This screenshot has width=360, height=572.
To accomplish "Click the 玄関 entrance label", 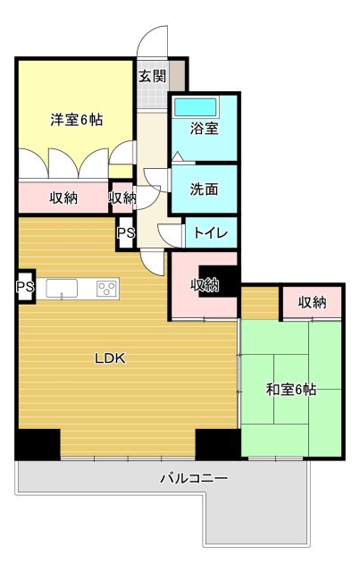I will (152, 76).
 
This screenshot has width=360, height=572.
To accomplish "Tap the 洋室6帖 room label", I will (75, 119).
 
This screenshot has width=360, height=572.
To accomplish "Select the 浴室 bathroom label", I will (205, 128).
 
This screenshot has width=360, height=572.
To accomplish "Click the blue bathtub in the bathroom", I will (204, 106).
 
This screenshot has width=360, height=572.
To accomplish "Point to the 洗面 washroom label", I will (205, 189).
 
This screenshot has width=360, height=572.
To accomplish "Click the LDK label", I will (113, 359).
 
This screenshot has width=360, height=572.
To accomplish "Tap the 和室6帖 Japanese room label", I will (290, 389).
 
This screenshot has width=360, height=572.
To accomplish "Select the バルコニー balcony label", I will (194, 479).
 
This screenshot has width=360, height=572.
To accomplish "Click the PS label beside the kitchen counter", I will (24, 288).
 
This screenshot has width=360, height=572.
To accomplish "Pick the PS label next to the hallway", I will (126, 234).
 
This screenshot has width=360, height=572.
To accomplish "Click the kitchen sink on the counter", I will (62, 288).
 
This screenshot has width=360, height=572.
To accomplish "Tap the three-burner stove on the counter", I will (107, 288).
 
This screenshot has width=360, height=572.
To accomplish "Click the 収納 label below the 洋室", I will (63, 198).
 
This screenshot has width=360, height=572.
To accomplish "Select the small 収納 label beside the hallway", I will (122, 198).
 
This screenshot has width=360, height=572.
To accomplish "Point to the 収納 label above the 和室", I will (312, 302).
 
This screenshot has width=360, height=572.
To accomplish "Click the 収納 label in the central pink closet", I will (204, 285).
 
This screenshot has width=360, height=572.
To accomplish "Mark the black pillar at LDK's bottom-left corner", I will (38, 444).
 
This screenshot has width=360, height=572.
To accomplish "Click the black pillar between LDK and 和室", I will (217, 444).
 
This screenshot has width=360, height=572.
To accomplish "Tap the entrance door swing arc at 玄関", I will (154, 40).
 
